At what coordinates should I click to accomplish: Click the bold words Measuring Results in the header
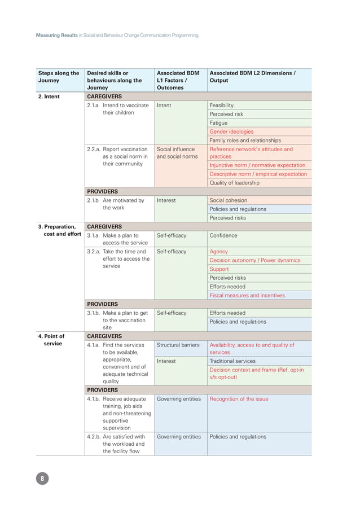click(56, 35)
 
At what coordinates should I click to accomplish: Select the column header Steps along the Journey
click(59, 77)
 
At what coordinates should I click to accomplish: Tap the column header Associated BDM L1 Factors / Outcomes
click(178, 80)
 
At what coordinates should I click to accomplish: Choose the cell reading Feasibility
click(221, 106)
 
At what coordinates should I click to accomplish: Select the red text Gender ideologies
click(231, 131)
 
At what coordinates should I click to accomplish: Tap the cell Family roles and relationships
click(245, 141)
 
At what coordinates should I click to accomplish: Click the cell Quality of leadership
click(234, 183)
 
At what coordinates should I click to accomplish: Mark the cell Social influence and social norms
click(175, 153)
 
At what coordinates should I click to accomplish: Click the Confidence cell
click(223, 235)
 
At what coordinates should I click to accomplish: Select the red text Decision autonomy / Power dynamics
click(254, 261)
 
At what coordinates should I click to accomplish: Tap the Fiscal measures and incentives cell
click(247, 296)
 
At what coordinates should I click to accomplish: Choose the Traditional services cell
click(232, 361)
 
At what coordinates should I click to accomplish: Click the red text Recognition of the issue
click(239, 399)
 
